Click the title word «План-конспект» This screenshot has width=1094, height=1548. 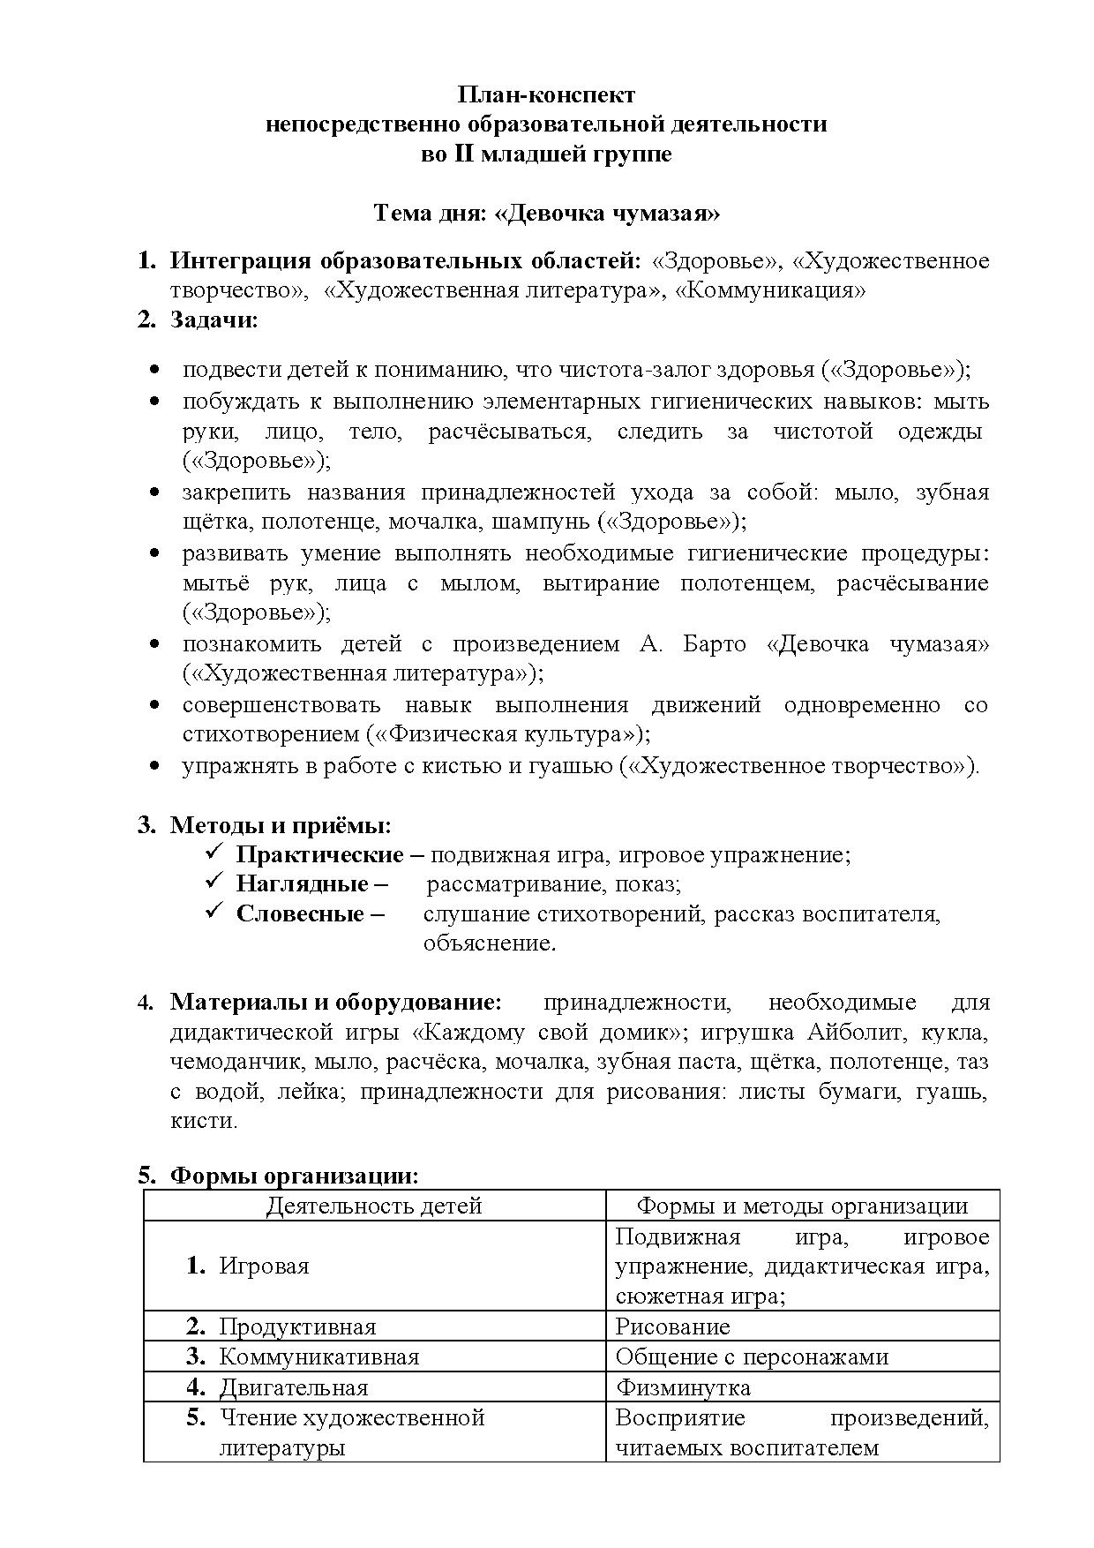[546, 94]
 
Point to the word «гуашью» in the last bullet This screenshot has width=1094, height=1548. [572, 765]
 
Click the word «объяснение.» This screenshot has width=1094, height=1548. [490, 943]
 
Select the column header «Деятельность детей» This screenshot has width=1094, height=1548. [374, 1206]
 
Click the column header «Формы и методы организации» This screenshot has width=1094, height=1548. [802, 1206]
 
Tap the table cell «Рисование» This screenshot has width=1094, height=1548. [672, 1326]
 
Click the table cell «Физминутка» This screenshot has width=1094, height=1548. [683, 1387]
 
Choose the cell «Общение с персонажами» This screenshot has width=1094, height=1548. [752, 1356]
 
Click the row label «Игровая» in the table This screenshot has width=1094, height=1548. [264, 1266]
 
